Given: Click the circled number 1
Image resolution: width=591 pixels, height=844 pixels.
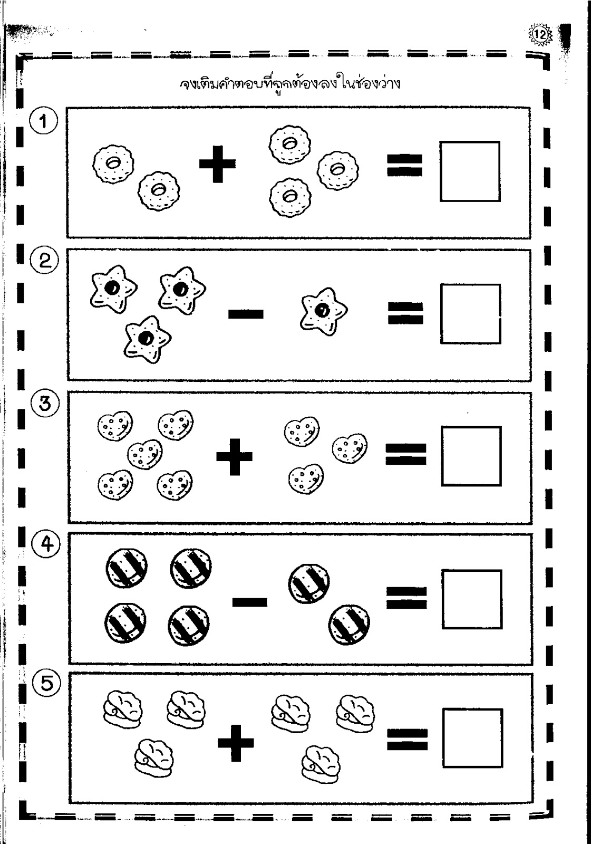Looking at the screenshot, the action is [x=44, y=122].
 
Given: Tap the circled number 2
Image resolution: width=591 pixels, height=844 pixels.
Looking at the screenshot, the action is [x=45, y=261].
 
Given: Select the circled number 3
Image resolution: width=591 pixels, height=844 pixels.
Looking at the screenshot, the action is [x=45, y=404].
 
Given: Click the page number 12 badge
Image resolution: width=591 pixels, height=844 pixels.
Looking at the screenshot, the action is [x=539, y=35].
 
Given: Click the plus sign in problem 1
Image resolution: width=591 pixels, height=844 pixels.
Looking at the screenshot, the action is [x=217, y=164].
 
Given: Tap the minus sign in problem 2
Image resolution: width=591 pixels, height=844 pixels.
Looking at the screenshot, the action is [x=246, y=313].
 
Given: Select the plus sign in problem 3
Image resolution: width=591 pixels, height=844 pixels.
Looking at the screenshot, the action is [x=234, y=457].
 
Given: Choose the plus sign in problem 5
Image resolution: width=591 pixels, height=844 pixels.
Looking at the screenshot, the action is [x=236, y=743].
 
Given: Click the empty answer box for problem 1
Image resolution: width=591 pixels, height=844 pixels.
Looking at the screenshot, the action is [x=470, y=171].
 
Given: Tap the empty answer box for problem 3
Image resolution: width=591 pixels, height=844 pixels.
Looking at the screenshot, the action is [x=472, y=456].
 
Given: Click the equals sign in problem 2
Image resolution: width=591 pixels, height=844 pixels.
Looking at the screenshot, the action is [x=405, y=313].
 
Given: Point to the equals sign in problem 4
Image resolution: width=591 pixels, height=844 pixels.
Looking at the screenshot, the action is [x=406, y=598].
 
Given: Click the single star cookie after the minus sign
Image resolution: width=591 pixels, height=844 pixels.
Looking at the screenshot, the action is [x=324, y=311].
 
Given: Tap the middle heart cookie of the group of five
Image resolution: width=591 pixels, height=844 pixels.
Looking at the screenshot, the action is [x=145, y=454].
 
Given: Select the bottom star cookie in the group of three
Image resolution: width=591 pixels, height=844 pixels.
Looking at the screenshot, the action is [x=147, y=339].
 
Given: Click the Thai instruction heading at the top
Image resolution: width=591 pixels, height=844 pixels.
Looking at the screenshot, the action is [x=289, y=84].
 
